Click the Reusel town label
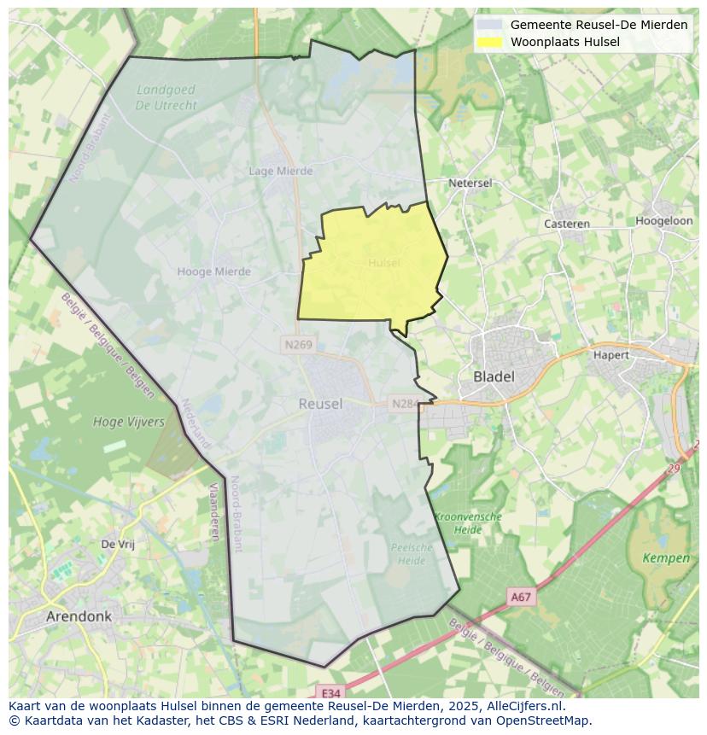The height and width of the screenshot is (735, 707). [x=320, y=404]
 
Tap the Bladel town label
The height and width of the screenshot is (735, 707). [x=494, y=376]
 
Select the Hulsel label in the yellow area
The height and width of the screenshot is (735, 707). [x=384, y=263]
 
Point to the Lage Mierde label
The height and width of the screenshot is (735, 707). [x=281, y=171]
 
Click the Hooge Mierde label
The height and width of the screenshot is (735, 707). [x=213, y=271]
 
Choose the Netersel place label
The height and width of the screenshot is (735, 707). [x=470, y=183]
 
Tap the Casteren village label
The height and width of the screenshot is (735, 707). [x=567, y=224]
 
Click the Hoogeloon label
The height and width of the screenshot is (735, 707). [x=663, y=220]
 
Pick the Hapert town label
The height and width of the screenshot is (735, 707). [x=611, y=355]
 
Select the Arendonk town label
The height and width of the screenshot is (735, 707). [x=79, y=615]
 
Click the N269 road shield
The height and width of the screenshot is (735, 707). [x=298, y=345]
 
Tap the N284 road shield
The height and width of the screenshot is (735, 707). [x=403, y=403]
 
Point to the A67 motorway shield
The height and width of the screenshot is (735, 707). [x=521, y=598]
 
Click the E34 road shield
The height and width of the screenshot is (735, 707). [x=330, y=693]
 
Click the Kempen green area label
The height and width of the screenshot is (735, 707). [x=666, y=558]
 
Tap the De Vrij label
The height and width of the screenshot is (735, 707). [x=118, y=544]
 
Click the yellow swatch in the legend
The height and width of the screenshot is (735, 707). [x=489, y=42]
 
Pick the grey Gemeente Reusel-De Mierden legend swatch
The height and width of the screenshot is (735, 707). [x=489, y=25]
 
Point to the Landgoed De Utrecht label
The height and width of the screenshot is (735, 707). [x=166, y=97]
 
